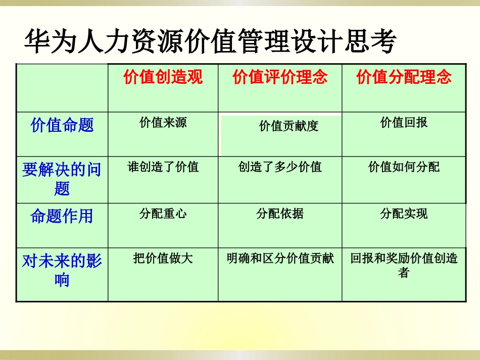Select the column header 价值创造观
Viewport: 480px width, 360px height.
pyautogui.click(x=163, y=77)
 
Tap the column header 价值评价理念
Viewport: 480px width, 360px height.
pyautogui.click(x=280, y=77)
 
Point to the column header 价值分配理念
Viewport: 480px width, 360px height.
pyautogui.click(x=404, y=77)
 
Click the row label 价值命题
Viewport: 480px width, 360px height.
pyautogui.click(x=62, y=125)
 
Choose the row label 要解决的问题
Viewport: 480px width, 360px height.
pyautogui.click(x=62, y=179)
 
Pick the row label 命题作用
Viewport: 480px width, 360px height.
pyautogui.click(x=62, y=216)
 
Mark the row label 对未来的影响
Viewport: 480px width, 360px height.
pyautogui.click(x=62, y=270)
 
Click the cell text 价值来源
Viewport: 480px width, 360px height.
pyautogui.click(x=163, y=122)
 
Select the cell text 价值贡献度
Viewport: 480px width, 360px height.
pyautogui.click(x=289, y=126)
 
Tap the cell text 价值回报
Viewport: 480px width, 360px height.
pyautogui.click(x=404, y=122)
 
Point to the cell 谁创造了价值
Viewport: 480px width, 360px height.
pyautogui.click(x=163, y=167)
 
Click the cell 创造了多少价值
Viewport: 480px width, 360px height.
pyautogui.click(x=280, y=167)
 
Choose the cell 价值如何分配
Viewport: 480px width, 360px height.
pyautogui.click(x=404, y=167)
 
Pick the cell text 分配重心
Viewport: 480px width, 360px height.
pyautogui.click(x=163, y=214)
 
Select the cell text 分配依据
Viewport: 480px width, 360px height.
pyautogui.click(x=280, y=214)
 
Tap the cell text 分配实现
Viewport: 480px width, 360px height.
pyautogui.click(x=404, y=214)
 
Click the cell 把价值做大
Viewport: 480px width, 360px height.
pyautogui.click(x=163, y=259)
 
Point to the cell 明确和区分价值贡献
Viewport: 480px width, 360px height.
pyautogui.click(x=280, y=259)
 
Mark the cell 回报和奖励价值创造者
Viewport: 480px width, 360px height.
pyautogui.click(x=404, y=266)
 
